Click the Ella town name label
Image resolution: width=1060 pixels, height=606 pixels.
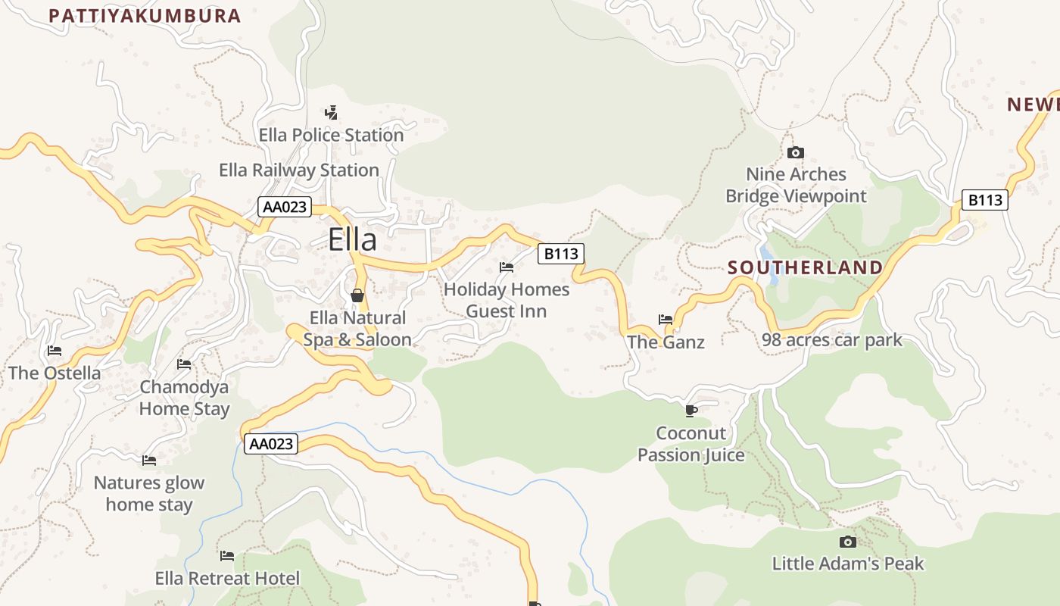click(x=352, y=240)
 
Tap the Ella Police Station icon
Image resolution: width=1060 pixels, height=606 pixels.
click(x=331, y=113)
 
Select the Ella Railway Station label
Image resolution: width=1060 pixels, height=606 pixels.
click(x=299, y=170)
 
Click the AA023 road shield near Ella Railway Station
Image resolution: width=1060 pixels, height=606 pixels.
click(x=285, y=207)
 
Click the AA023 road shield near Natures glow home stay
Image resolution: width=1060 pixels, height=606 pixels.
click(x=271, y=444)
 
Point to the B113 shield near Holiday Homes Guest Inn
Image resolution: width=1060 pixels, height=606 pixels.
click(x=561, y=254)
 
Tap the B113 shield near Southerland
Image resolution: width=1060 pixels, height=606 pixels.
click(x=985, y=200)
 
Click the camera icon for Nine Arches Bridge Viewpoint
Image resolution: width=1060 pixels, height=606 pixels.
click(x=795, y=153)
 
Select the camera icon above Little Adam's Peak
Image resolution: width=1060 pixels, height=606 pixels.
click(x=848, y=542)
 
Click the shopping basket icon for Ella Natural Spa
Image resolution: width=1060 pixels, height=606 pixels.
click(x=357, y=295)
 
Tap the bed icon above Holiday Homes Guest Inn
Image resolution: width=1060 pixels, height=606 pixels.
click(x=507, y=267)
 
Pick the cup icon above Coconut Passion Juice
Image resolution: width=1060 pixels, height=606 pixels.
click(x=691, y=411)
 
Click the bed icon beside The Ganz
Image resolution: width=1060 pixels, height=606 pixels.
click(x=666, y=320)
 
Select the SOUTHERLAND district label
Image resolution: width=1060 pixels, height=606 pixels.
click(x=805, y=267)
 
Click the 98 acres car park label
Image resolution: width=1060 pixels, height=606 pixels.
click(x=832, y=340)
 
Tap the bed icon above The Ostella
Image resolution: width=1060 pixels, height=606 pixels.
click(x=55, y=351)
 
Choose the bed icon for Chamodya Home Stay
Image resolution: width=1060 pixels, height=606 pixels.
click(x=184, y=364)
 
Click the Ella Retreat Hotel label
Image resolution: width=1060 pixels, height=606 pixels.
click(x=227, y=579)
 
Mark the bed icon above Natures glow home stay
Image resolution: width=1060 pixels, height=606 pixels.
click(x=149, y=461)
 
